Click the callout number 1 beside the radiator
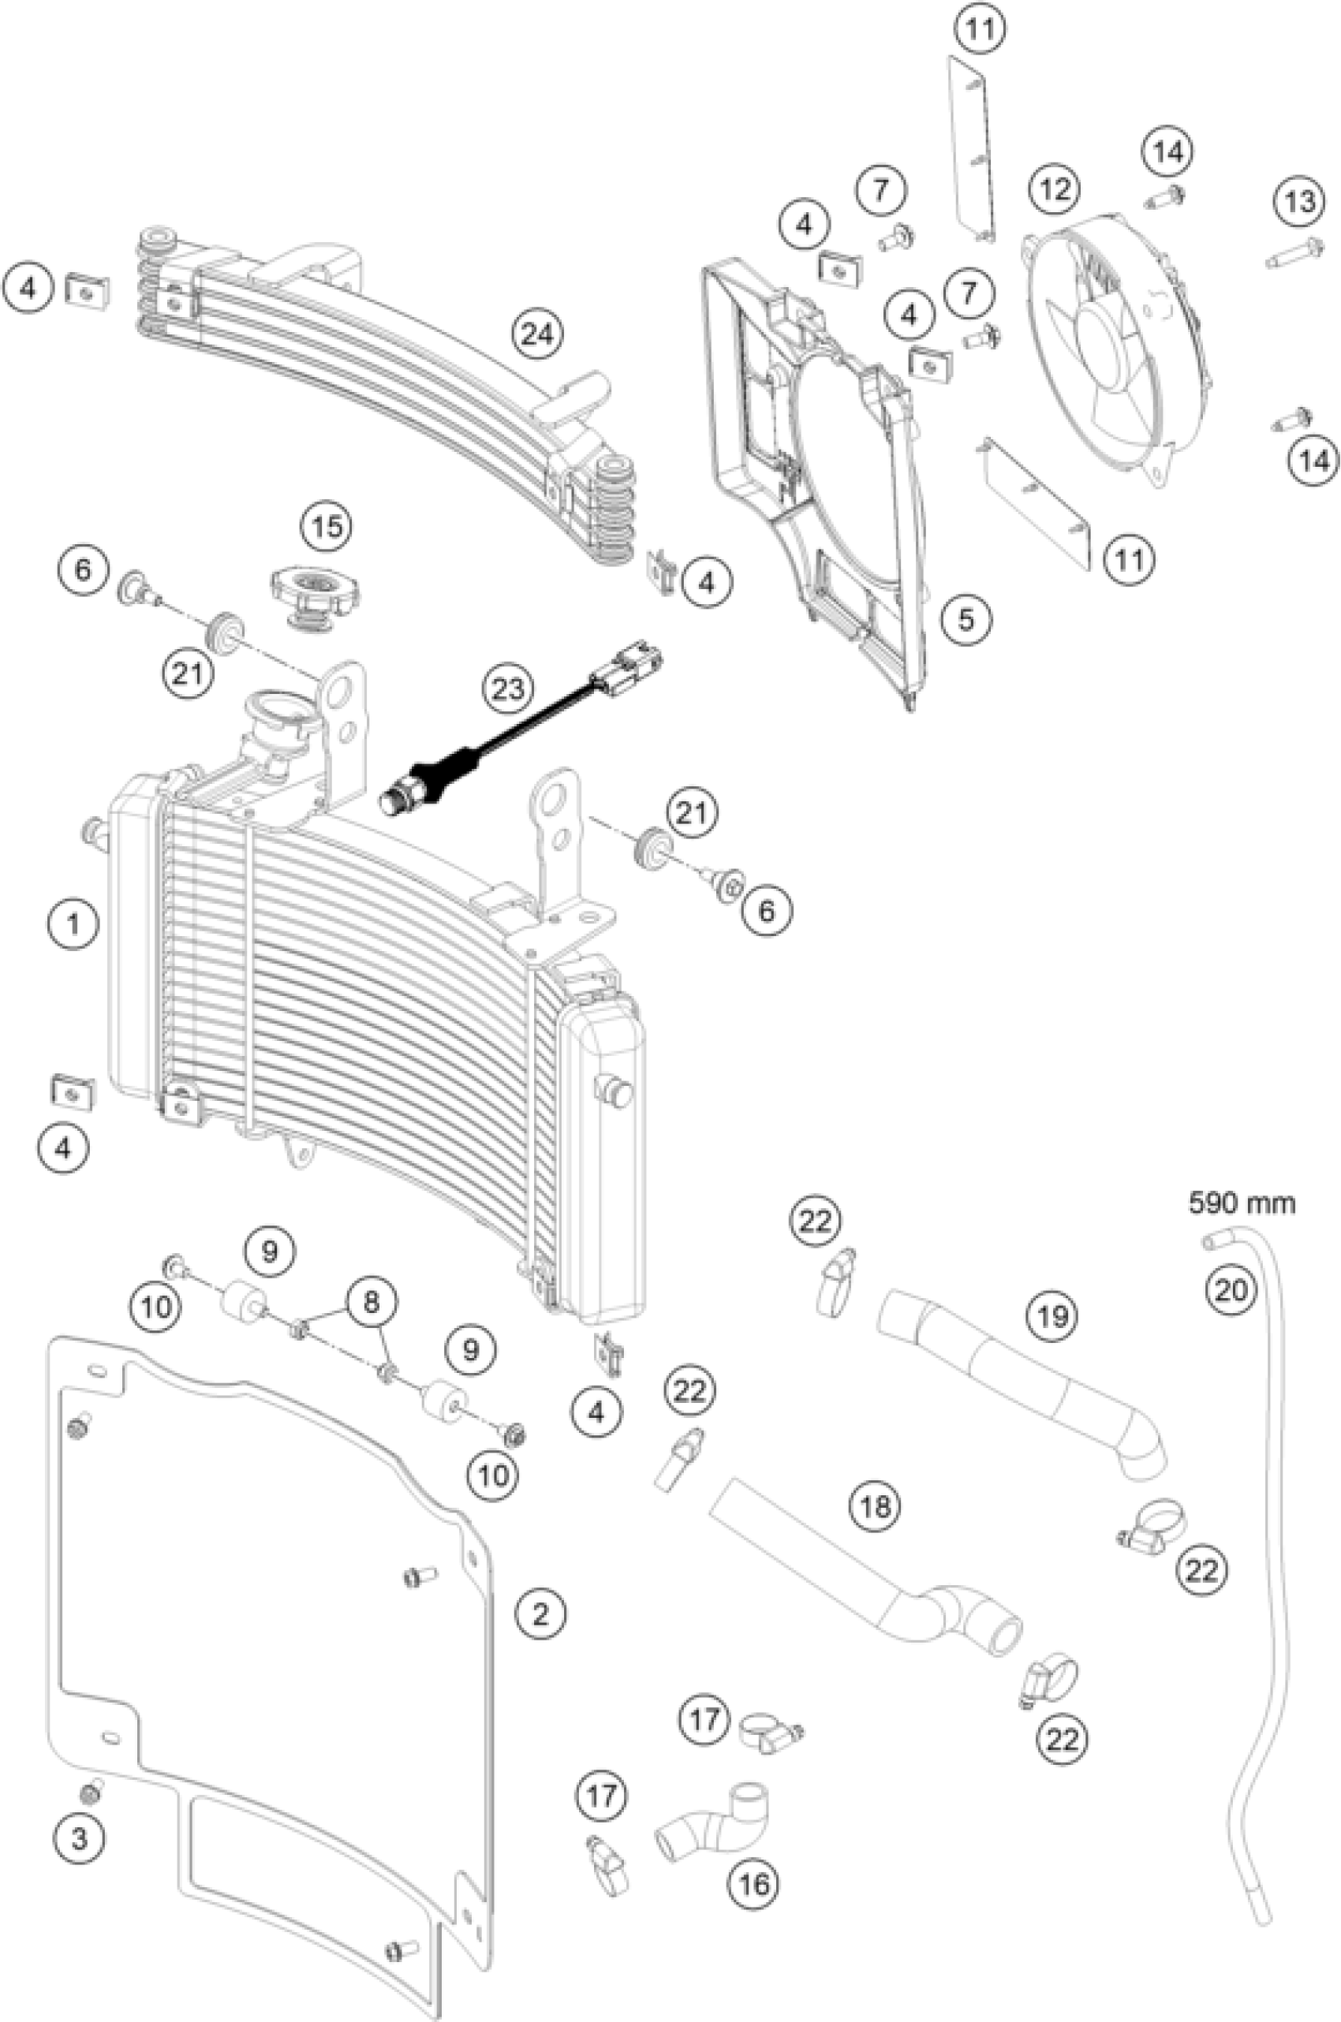[73, 923]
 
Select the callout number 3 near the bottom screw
[80, 1836]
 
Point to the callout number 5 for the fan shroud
[966, 619]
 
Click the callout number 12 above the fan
[1055, 187]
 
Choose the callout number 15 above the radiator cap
[327, 527]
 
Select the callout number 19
[1053, 1315]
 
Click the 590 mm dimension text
[1241, 1203]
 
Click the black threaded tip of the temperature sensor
[396, 803]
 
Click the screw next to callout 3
[91, 1791]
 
